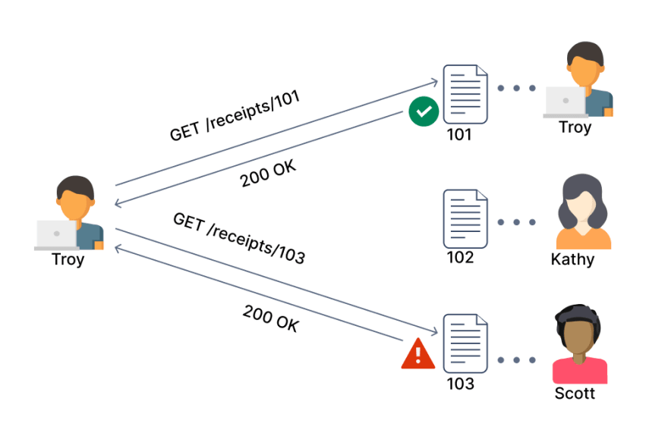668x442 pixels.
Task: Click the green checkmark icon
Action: [x=424, y=111]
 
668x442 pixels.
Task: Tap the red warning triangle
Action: [x=418, y=353]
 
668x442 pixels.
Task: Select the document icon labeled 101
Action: [x=465, y=95]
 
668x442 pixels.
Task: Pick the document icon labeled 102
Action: [x=465, y=218]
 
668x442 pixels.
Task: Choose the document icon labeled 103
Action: [x=465, y=343]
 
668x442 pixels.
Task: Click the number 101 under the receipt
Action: [x=459, y=134]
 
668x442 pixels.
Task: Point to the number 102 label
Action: [x=460, y=257]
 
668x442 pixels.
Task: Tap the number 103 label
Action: [x=460, y=384]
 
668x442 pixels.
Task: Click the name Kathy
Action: [x=572, y=259]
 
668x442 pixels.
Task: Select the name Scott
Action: [x=575, y=393]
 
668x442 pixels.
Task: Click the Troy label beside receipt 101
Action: [x=575, y=127]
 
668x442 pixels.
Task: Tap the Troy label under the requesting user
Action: [x=68, y=259]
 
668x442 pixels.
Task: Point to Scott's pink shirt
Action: [x=580, y=371]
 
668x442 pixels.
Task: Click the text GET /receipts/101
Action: [x=235, y=115]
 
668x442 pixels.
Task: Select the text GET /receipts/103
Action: [x=239, y=238]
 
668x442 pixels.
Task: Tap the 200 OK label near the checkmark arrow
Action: [x=268, y=174]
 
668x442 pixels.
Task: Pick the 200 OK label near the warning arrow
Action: [x=272, y=318]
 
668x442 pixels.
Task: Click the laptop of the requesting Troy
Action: [x=57, y=235]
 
